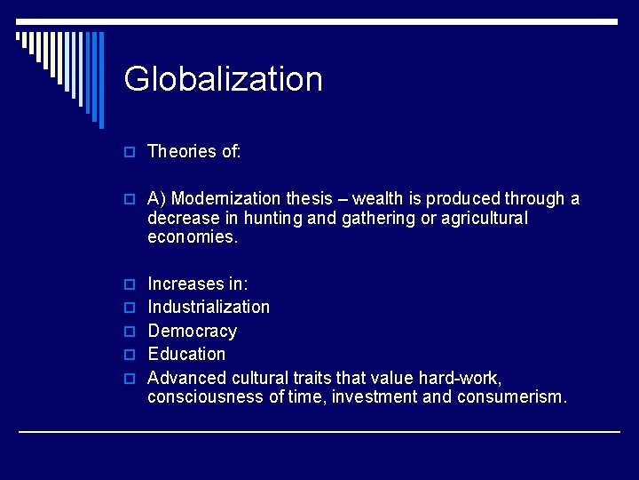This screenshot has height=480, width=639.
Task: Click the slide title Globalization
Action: pyautogui.click(x=223, y=79)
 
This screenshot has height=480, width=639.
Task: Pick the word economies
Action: pyautogui.click(x=193, y=237)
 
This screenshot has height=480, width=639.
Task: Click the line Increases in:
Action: pyautogui.click(x=198, y=284)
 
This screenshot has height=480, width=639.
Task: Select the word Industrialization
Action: pyautogui.click(x=209, y=307)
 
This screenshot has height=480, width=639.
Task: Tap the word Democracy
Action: pyautogui.click(x=193, y=331)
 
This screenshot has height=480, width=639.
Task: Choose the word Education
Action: pyautogui.click(x=186, y=354)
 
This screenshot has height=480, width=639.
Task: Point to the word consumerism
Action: pyautogui.click(x=511, y=396)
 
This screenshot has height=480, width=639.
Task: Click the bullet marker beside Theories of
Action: pyautogui.click(x=129, y=152)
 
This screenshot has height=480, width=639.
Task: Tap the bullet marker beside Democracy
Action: pyautogui.click(x=129, y=332)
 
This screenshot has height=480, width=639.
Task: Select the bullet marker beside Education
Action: pyautogui.click(x=129, y=355)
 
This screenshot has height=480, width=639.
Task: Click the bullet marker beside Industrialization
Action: pyautogui.click(x=129, y=308)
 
